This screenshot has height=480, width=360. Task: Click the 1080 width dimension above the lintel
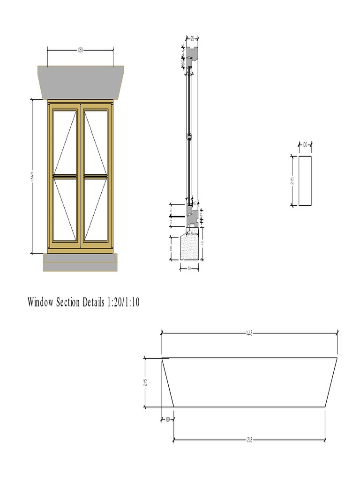coord(80,50)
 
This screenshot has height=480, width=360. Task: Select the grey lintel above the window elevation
coord(81,82)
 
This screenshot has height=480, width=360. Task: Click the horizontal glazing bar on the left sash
coord(65,177)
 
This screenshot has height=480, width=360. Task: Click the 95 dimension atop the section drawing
coord(192,39)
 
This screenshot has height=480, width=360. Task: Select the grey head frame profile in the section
coord(193,54)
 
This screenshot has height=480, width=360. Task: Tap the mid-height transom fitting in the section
coord(189,137)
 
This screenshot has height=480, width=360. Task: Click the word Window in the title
coord(41,302)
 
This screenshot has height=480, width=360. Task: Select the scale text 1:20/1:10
coord(123,302)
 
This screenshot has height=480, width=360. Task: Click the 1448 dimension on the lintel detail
coord(249,333)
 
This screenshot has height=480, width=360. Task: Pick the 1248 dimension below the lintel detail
coord(249,440)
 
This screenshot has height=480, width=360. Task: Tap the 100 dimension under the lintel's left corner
coord(167,420)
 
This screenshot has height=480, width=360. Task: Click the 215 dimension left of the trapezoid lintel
coord(145,382)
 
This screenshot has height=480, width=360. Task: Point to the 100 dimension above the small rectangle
coord(305,145)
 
